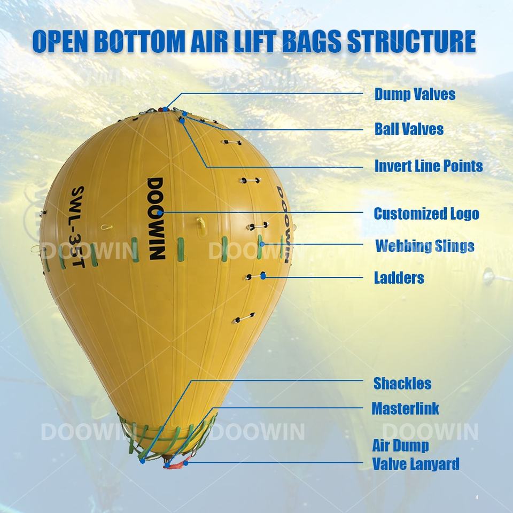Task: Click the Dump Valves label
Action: (x=415, y=95)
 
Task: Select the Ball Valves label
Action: (x=409, y=129)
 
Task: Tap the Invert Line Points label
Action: (x=429, y=166)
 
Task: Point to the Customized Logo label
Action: (x=426, y=214)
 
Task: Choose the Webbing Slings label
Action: (x=424, y=246)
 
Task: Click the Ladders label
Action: (x=399, y=278)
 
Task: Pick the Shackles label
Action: (x=402, y=383)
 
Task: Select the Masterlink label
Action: (x=405, y=409)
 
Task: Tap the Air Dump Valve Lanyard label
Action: (x=415, y=454)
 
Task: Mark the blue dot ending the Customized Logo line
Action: (x=160, y=213)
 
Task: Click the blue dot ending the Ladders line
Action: (x=263, y=276)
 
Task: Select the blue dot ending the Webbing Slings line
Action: (x=262, y=244)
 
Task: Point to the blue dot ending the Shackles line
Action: (x=143, y=460)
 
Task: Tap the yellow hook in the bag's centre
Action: (x=200, y=226)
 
